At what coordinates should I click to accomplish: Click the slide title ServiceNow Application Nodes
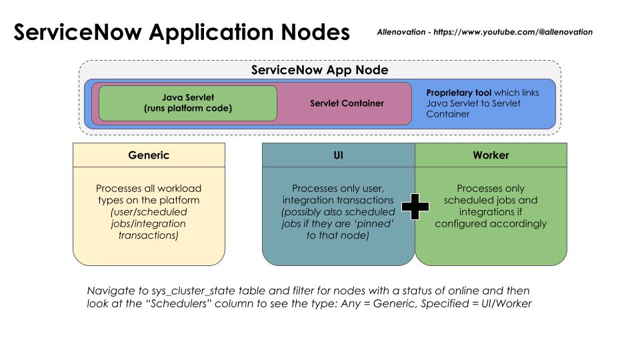[x=181, y=32]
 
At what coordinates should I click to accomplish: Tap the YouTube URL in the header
[x=513, y=31]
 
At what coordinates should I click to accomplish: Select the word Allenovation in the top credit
[x=402, y=31]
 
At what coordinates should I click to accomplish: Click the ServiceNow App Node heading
[x=319, y=70]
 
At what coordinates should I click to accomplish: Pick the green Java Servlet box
[x=187, y=103]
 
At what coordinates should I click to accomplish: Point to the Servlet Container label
[x=347, y=103]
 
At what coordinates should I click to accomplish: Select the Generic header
[x=149, y=155]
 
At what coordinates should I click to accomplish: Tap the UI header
[x=338, y=155]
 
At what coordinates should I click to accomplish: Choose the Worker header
[x=491, y=155]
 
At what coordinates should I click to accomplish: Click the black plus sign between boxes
[x=415, y=207]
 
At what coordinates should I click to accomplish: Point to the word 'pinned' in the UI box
[x=379, y=223]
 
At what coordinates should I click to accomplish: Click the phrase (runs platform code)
[x=187, y=108]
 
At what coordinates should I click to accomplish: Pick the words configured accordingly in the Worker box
[x=490, y=223]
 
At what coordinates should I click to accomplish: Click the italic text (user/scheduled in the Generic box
[x=149, y=212]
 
